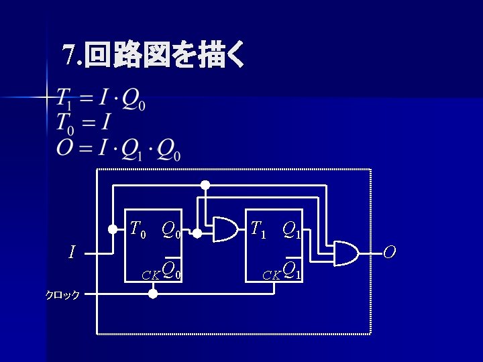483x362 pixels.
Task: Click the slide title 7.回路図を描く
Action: tap(154, 56)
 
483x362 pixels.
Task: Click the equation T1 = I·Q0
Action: tap(101, 100)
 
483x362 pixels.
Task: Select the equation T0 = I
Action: tap(83, 123)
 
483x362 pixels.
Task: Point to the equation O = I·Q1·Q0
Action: tap(118, 148)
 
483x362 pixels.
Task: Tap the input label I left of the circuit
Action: tap(72, 253)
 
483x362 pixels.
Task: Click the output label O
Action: tap(390, 252)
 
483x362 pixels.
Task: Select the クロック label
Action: tap(62, 294)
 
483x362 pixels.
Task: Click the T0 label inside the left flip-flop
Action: tap(138, 230)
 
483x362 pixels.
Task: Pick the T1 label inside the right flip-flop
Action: tap(258, 230)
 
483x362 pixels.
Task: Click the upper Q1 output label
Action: tap(291, 231)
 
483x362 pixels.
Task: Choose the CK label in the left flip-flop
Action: tap(150, 274)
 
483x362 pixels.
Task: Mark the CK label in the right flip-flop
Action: tap(271, 274)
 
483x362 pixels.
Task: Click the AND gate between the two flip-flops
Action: tap(225, 230)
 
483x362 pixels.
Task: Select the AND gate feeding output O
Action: tap(345, 252)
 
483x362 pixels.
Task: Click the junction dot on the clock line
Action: tap(153, 294)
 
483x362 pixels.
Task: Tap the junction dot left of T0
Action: tap(113, 229)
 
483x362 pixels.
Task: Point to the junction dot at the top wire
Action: tap(206, 184)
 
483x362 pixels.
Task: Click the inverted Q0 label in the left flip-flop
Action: tap(172, 269)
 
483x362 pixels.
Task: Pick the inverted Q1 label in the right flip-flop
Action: tap(292, 269)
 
